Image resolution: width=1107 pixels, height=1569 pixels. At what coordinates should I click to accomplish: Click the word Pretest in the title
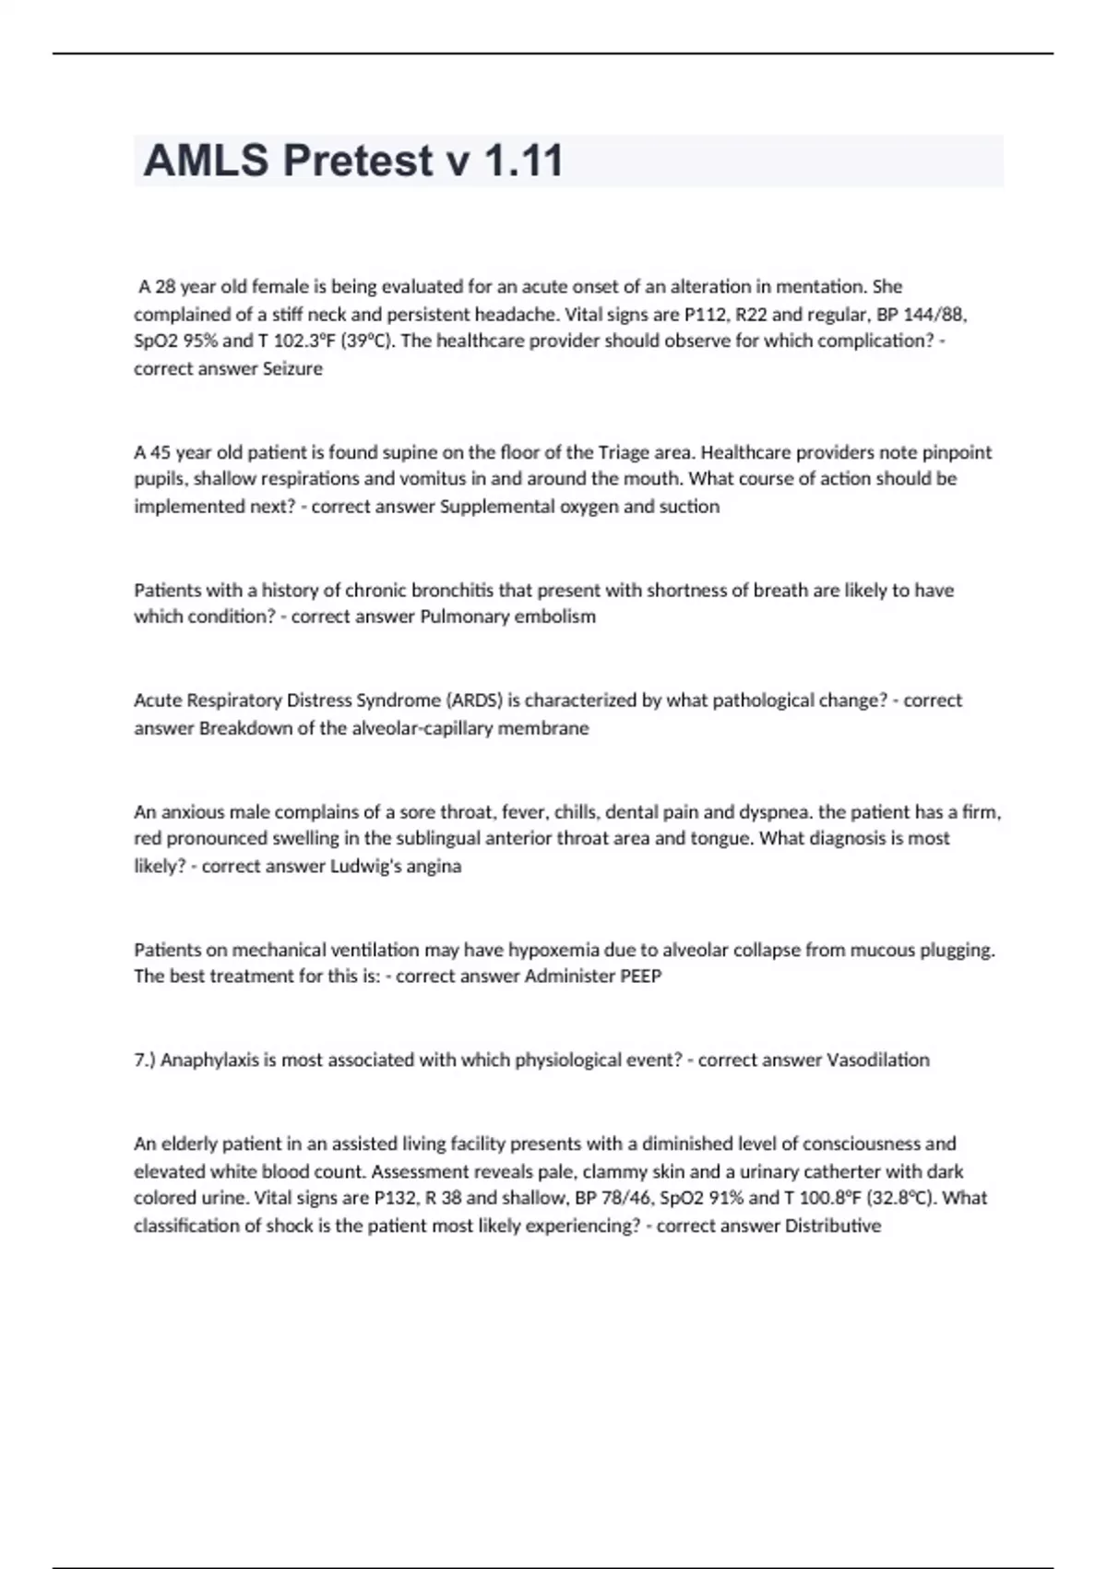pyautogui.click(x=358, y=161)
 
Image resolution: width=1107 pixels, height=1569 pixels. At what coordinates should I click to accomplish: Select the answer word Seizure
pyautogui.click(x=292, y=368)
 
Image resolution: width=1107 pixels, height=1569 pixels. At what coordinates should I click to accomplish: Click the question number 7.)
pyautogui.click(x=145, y=1060)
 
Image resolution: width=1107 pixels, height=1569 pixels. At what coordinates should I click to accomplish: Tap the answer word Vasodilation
pyautogui.click(x=877, y=1060)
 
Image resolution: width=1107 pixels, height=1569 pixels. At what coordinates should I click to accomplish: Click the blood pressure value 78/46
pyautogui.click(x=625, y=1198)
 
